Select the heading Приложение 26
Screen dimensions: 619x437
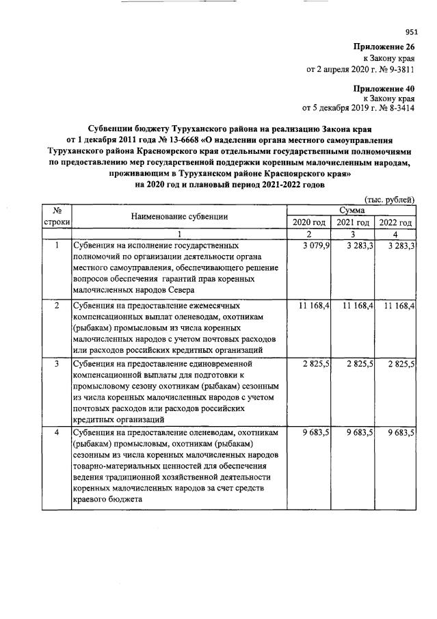click(384, 47)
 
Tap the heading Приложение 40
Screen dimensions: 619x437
click(384, 88)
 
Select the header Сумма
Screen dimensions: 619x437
click(352, 211)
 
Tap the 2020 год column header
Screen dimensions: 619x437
click(309, 223)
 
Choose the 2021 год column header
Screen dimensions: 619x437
click(353, 223)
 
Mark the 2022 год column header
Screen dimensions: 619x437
click(395, 223)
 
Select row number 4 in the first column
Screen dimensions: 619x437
click(57, 434)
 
